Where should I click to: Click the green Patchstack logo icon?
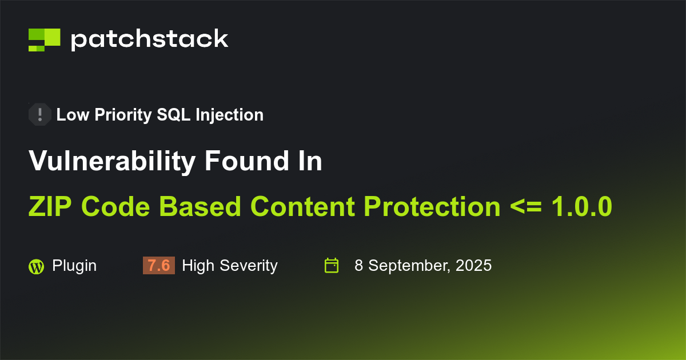coord(44,39)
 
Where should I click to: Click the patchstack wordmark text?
coord(149,39)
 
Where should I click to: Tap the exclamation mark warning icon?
coord(39,115)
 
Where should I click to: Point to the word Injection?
coord(229,115)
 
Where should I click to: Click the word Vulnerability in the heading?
coord(111,162)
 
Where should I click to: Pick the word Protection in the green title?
coord(432,206)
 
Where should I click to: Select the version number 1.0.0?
coord(581,206)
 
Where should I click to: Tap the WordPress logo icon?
coord(36,266)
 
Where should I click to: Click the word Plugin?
coord(74,266)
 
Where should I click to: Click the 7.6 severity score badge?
coord(158,266)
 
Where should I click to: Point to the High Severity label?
coord(229,266)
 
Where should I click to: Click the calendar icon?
coord(332,266)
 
